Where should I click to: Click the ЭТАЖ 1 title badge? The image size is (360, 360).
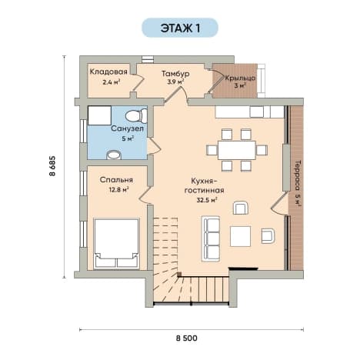180,28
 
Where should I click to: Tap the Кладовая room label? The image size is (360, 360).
108,72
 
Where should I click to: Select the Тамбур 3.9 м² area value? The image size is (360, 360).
175,82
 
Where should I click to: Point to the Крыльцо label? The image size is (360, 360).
240,78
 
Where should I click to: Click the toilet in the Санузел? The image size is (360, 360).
136,116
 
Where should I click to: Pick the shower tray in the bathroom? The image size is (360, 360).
99,115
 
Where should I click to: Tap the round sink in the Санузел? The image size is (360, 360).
114,155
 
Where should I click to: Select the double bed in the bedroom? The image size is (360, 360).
117,244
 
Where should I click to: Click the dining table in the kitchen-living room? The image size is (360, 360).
237,150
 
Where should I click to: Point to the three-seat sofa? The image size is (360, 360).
211,238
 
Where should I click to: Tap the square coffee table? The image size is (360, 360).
240,236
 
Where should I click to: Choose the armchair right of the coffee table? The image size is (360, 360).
268,235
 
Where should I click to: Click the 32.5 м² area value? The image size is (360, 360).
207,200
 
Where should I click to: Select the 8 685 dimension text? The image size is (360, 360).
52,166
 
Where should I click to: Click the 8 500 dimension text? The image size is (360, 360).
187,338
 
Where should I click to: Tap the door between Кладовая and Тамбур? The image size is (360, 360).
137,82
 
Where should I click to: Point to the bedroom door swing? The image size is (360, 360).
145,195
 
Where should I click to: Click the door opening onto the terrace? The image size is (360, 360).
279,204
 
